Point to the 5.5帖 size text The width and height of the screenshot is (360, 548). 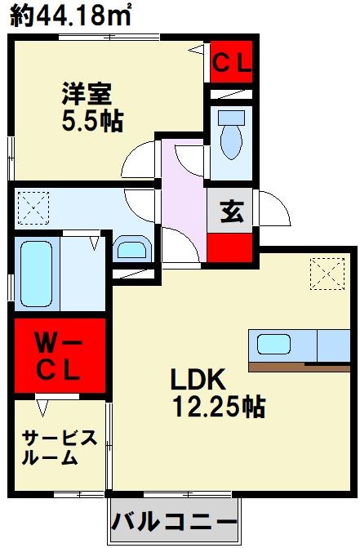(x=91, y=121)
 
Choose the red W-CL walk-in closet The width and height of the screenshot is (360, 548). (x=60, y=356)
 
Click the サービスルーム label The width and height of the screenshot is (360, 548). (x=60, y=447)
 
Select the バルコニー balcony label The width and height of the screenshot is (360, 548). (x=173, y=520)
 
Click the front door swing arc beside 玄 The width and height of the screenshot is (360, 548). (x=274, y=211)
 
